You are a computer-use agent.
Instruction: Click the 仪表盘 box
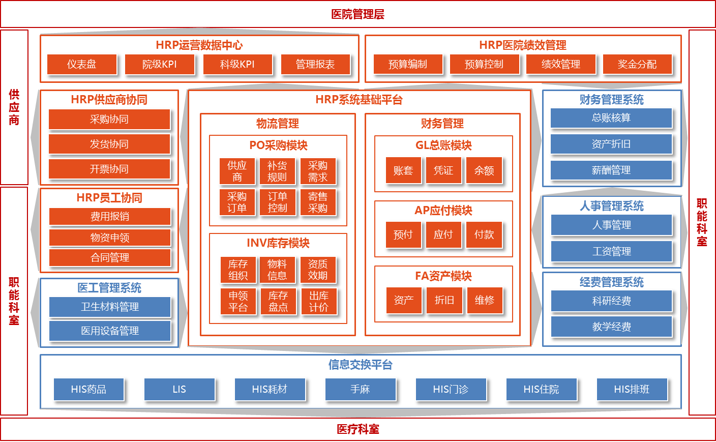[82, 65]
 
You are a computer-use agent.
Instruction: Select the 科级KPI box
[237, 65]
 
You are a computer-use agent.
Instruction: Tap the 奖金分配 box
[637, 65]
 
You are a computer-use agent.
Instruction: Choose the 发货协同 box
[109, 144]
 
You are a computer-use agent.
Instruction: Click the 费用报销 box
[110, 217]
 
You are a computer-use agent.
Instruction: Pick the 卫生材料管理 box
[110, 307]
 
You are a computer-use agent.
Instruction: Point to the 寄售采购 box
[318, 202]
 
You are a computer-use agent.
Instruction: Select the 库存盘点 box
[278, 302]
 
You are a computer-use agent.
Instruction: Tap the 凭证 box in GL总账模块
[443, 170]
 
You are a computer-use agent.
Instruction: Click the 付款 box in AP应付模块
[484, 234]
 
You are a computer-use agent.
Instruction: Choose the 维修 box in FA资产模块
[485, 300]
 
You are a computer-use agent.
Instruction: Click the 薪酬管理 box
[611, 170]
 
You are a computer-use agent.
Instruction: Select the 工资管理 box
[612, 251]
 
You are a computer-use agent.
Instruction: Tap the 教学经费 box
[612, 327]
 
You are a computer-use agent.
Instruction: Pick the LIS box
[180, 390]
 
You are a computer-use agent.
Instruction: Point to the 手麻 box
[361, 390]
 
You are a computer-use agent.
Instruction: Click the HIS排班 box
[632, 390]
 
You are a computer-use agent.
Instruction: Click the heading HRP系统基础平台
[359, 100]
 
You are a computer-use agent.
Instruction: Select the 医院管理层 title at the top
[358, 14]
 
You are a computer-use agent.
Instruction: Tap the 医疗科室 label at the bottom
[358, 429]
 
